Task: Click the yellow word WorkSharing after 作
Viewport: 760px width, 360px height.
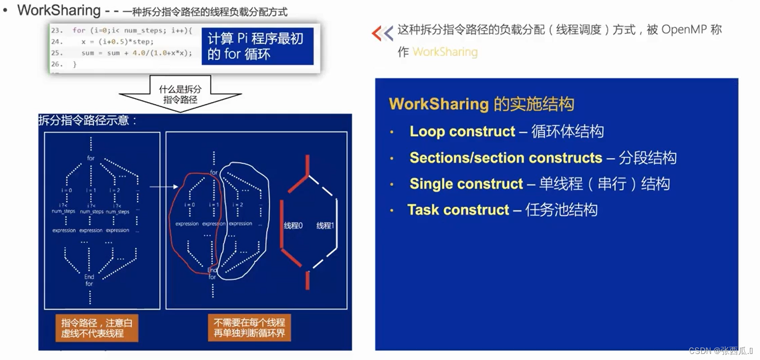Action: (445, 52)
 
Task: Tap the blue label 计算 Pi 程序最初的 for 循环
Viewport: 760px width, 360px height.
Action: (257, 47)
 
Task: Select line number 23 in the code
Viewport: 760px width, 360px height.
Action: (57, 30)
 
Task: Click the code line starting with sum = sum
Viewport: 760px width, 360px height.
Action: (136, 53)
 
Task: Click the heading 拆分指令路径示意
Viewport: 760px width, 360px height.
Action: (88, 120)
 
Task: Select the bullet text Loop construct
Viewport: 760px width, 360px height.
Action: (462, 131)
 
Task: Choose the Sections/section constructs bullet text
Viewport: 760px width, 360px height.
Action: (505, 158)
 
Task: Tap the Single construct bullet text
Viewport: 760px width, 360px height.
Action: (466, 184)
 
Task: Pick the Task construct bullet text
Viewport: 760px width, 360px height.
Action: (458, 210)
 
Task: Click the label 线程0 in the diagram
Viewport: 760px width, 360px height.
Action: (293, 226)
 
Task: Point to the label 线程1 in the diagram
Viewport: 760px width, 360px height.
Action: (325, 226)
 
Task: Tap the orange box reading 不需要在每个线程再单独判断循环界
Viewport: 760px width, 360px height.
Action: (249, 328)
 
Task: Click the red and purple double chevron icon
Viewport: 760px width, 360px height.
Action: (382, 33)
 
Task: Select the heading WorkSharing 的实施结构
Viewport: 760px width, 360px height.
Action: (481, 104)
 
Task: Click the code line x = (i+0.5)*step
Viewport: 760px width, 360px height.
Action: (117, 41)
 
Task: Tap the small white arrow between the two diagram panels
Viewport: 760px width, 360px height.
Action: (161, 187)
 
